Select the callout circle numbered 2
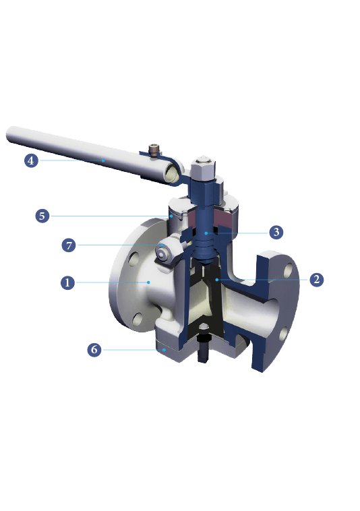point(316,279)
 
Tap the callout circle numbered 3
point(276,232)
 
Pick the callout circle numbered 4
point(30,160)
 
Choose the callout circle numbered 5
point(42,216)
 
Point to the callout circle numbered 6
point(94,350)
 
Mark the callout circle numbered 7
point(68,245)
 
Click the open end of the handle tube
point(173,175)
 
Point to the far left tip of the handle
point(9,133)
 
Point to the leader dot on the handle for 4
point(102,160)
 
